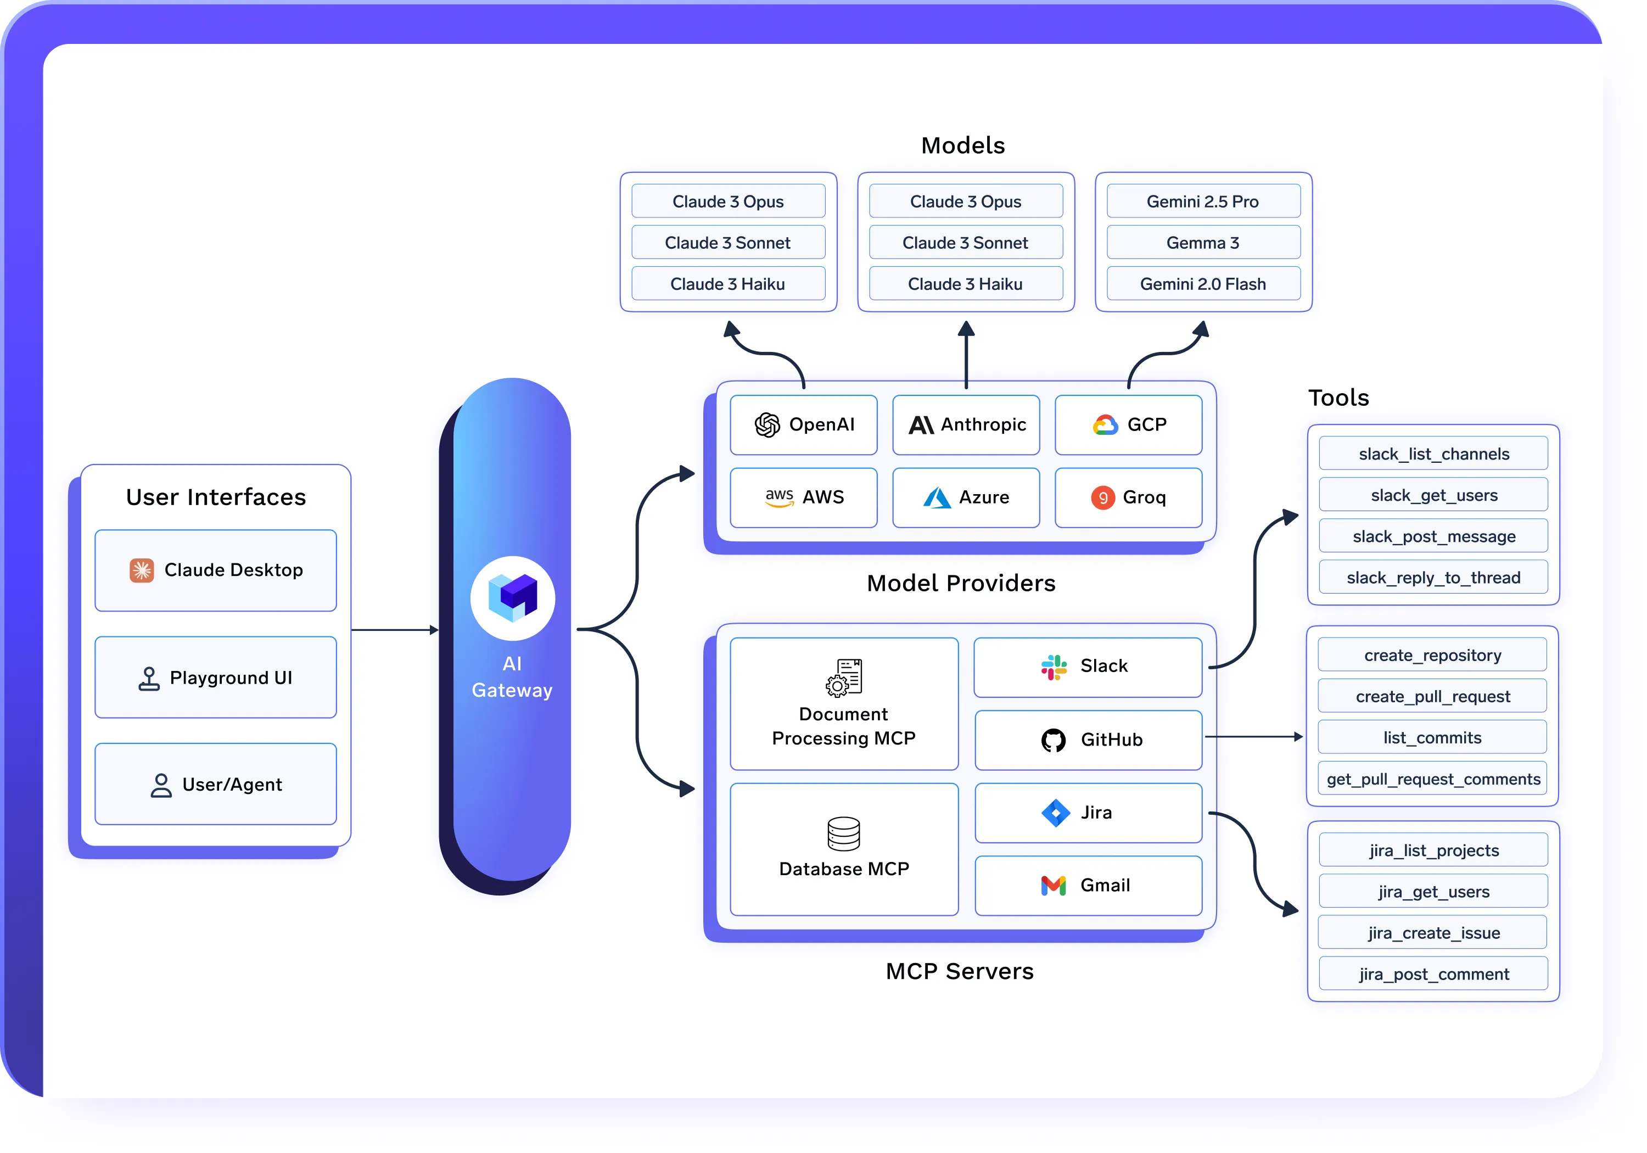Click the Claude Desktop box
(x=215, y=570)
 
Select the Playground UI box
(x=215, y=678)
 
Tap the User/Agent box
(x=215, y=784)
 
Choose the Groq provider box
(x=1128, y=497)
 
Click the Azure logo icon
(x=936, y=497)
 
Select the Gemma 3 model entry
(x=1203, y=243)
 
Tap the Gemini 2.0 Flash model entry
(x=1203, y=284)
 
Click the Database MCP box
(x=844, y=849)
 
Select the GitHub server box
(x=1088, y=740)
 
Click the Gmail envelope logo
(x=1053, y=886)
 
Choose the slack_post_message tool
(x=1433, y=536)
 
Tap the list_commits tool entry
(x=1432, y=737)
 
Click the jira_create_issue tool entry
(x=1433, y=933)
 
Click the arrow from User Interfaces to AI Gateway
(x=395, y=630)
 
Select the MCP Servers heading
(x=959, y=971)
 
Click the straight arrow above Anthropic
(x=966, y=355)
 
